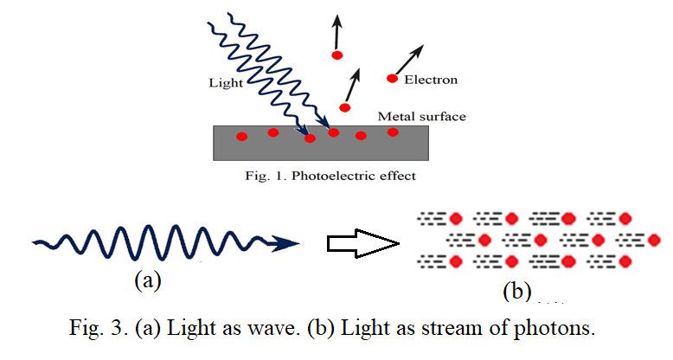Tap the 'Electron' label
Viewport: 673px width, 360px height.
coord(431,80)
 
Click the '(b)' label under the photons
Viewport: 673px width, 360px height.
coord(517,291)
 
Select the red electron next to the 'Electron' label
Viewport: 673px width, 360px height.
coord(392,79)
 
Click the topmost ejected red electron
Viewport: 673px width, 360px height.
coord(336,55)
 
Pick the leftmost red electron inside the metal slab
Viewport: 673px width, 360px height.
coord(241,136)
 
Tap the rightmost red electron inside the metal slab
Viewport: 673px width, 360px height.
coord(393,132)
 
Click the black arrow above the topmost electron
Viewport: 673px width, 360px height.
coord(336,32)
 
